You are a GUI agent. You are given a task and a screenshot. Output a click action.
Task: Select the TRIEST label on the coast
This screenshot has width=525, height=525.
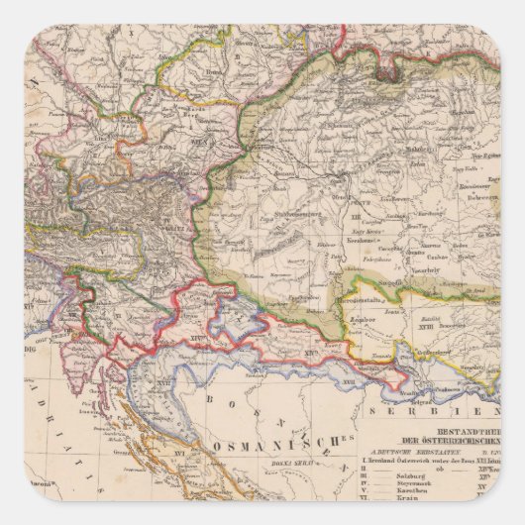[68, 317]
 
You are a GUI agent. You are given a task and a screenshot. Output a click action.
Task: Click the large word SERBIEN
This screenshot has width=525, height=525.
[461, 407]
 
